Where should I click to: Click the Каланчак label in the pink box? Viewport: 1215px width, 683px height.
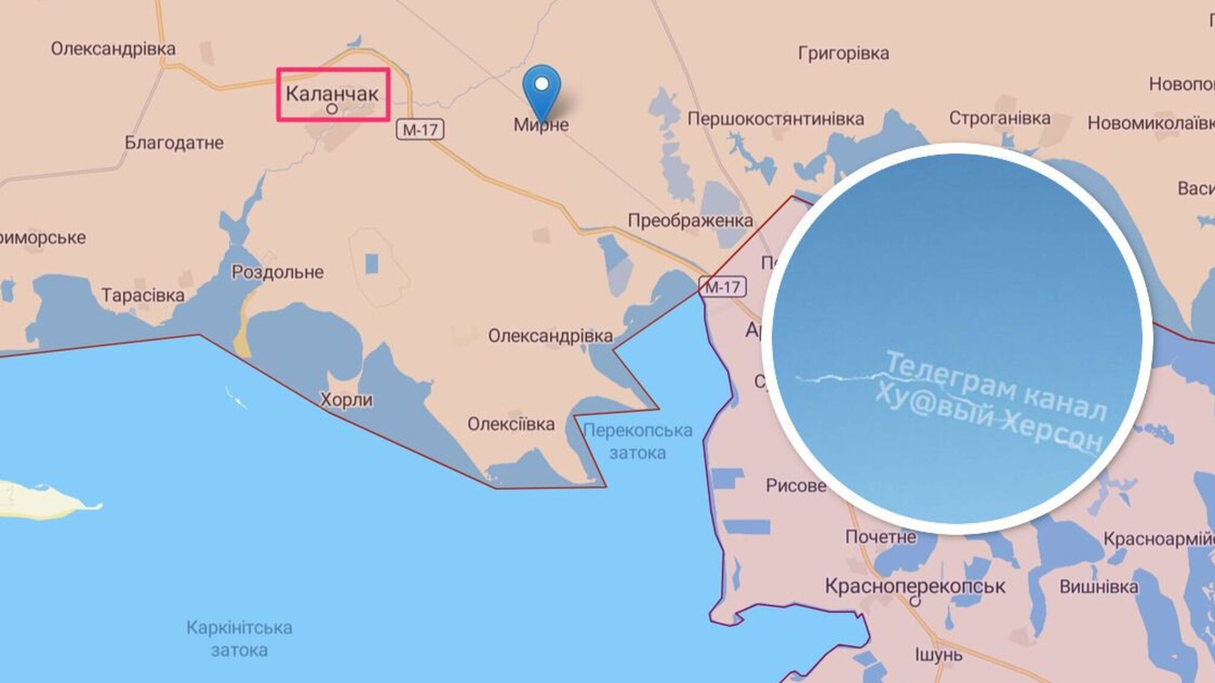[x=332, y=94]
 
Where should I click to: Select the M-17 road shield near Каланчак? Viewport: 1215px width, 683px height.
[x=420, y=129]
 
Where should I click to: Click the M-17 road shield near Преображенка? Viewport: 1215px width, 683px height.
[x=722, y=286]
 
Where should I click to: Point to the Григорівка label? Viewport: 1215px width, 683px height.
[x=843, y=54]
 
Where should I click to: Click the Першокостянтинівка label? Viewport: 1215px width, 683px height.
[x=776, y=119]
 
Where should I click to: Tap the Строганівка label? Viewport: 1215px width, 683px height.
[x=999, y=118]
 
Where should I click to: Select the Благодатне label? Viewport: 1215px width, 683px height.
[x=174, y=143]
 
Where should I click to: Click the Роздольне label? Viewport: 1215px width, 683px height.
[x=277, y=272]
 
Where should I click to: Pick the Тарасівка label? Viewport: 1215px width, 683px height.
[x=143, y=296]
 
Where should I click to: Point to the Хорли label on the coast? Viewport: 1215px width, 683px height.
[x=346, y=400]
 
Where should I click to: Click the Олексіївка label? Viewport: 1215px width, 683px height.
[x=511, y=424]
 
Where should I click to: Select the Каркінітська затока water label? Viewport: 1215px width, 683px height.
[x=239, y=639]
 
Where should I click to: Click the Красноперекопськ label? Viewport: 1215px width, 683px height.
[x=915, y=586]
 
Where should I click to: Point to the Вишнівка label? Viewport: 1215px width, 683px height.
[x=1098, y=587]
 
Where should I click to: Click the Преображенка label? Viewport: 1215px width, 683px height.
[x=690, y=221]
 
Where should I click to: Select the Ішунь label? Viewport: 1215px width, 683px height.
[x=939, y=655]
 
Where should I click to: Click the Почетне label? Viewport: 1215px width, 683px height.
[x=881, y=537]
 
